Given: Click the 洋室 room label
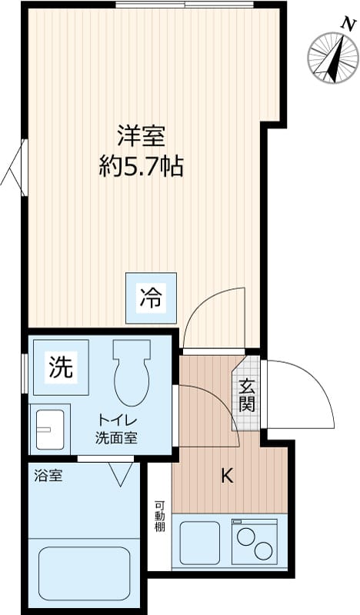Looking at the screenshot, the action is point(141,136).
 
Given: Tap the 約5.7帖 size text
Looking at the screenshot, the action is point(141,166).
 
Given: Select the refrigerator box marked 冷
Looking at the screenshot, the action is point(151,298).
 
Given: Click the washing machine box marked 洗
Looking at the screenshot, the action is point(61,367).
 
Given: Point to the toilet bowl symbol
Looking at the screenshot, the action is point(132,373).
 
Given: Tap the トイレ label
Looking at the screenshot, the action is point(117,421).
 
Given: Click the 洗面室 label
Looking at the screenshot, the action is point(117,437).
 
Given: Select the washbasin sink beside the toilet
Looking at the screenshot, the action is point(50,430).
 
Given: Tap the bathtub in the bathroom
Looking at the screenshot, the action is point(84,573).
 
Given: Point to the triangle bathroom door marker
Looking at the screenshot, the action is point(121,474).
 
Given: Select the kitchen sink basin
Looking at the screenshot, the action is point(200,543).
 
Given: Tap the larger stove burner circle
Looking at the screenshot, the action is point(263,550).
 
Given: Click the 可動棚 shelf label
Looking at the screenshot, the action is point(159,516).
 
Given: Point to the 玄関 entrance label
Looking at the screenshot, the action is point(248,395).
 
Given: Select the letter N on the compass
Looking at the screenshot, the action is point(346,25).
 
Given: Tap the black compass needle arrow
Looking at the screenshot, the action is point(335,59).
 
